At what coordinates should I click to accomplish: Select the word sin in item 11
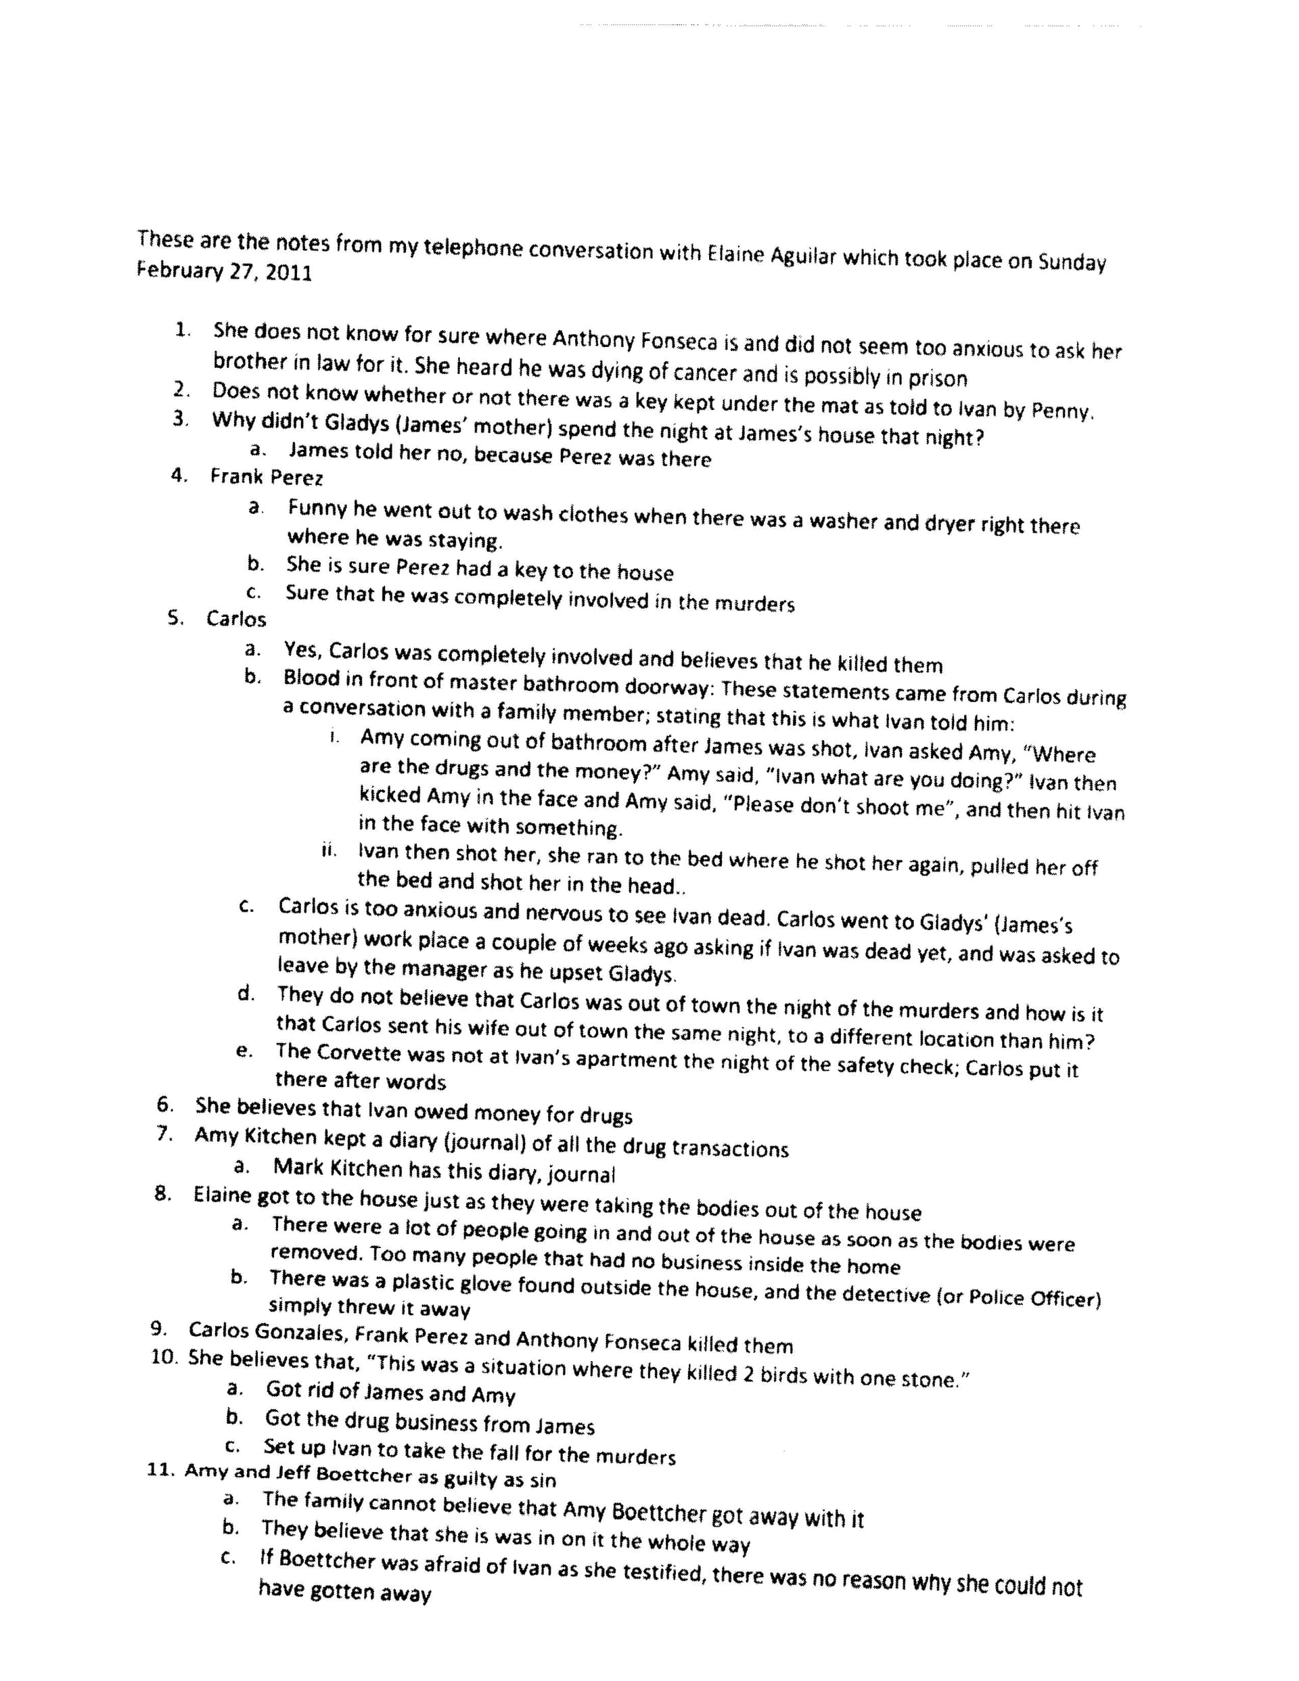coord(543,1479)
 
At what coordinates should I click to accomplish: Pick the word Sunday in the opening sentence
coord(1072,262)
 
